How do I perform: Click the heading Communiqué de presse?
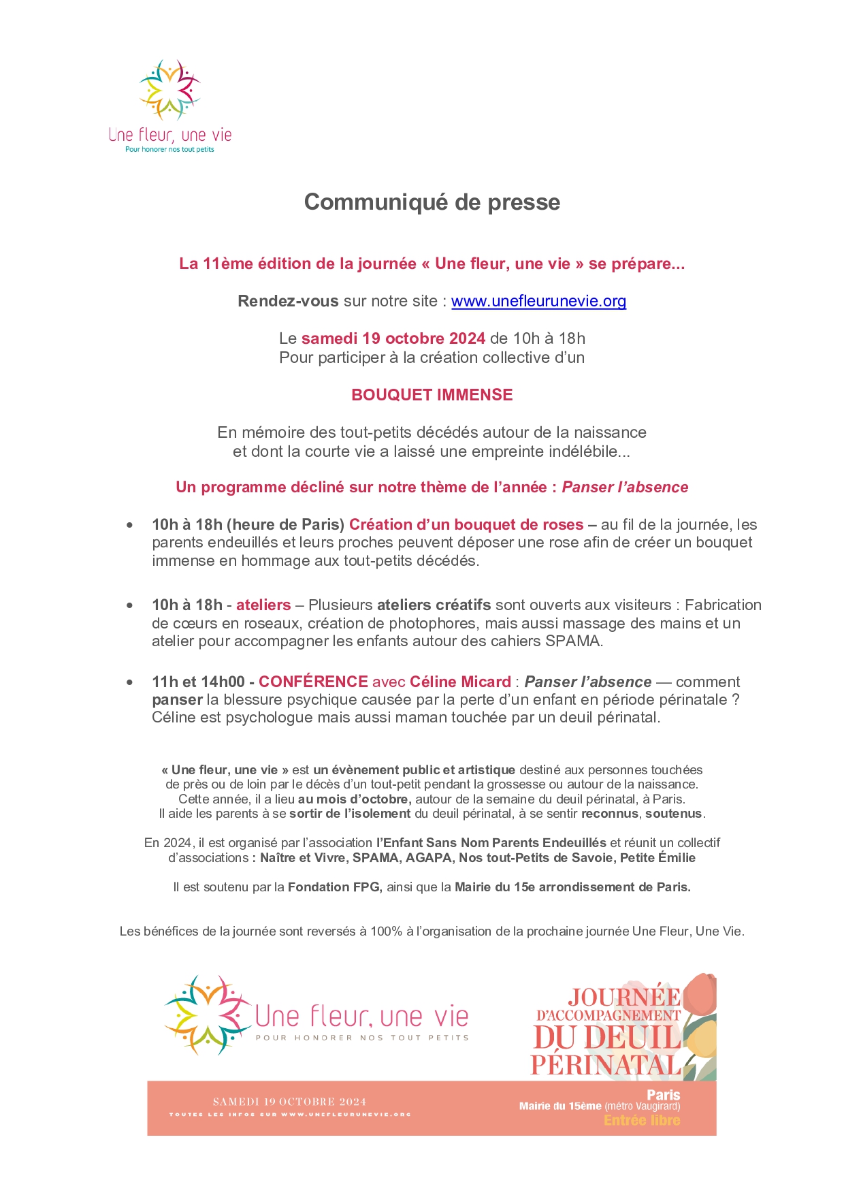pos(432,202)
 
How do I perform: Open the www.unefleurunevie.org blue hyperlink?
pos(538,301)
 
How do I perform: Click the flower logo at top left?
pos(169,91)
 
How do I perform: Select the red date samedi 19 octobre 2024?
pos(393,338)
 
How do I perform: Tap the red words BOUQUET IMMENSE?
pos(432,395)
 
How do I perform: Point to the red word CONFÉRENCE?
pos(313,682)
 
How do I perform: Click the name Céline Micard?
pos(460,682)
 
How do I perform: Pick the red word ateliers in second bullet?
pos(263,605)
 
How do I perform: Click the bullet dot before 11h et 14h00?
pos(129,682)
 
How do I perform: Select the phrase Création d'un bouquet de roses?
pos(466,524)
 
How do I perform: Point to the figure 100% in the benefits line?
pos(386,931)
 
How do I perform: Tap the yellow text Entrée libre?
pos(641,1120)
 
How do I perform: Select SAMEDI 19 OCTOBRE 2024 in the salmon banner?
pos(289,1101)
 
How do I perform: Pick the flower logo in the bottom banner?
pos(206,1015)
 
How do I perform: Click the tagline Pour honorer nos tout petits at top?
pos(169,149)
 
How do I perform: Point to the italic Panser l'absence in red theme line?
pos(625,487)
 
